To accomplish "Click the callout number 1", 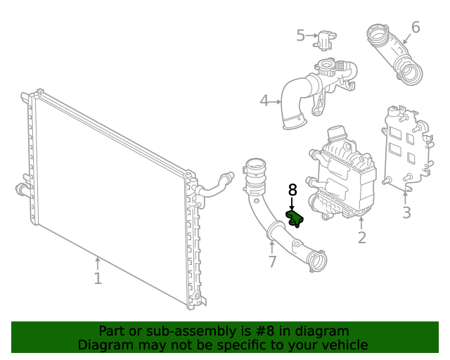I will pyautogui.click(x=98, y=278).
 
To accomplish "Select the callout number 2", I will pyautogui.click(x=361, y=238).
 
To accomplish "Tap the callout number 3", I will pyautogui.click(x=406, y=212).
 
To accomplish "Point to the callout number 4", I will pyautogui.click(x=264, y=101).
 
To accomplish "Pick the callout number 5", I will pyautogui.click(x=300, y=35).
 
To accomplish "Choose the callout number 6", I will pyautogui.click(x=416, y=27).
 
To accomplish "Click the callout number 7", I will pyautogui.click(x=272, y=262).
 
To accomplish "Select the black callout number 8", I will pyautogui.click(x=292, y=190).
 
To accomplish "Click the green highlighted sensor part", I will pyautogui.click(x=294, y=217).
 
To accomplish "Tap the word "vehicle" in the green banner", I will pyautogui.click(x=342, y=345).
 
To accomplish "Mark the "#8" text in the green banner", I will pyautogui.click(x=251, y=331).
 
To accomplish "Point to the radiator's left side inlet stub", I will pyautogui.click(x=20, y=188).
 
